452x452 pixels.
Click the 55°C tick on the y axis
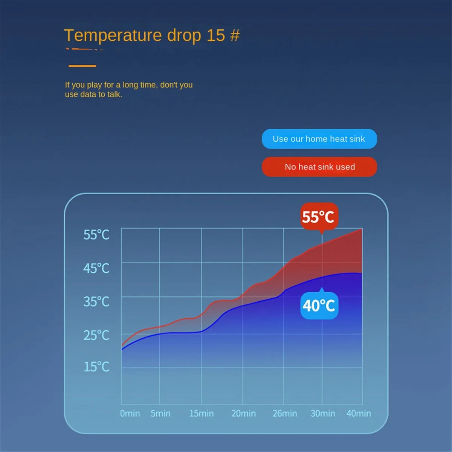(x=96, y=235)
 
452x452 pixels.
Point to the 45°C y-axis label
(x=96, y=268)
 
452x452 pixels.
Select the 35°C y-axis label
(x=96, y=302)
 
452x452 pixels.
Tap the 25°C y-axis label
(x=96, y=335)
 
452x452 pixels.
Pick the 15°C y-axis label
(x=96, y=366)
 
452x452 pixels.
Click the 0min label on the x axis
(x=130, y=413)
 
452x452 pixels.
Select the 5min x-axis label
(x=160, y=413)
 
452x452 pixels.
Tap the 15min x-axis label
(x=202, y=413)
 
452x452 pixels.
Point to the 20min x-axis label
(x=243, y=413)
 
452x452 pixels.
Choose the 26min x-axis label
(x=285, y=413)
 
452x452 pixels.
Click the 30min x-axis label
(x=323, y=413)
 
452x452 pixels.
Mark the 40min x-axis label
(x=359, y=413)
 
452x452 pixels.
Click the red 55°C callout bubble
(x=319, y=217)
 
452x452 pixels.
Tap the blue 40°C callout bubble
(x=319, y=305)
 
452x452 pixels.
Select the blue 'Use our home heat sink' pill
(x=319, y=139)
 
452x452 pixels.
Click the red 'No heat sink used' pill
(x=319, y=167)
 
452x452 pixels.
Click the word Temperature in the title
(x=113, y=35)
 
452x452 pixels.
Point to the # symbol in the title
(x=235, y=35)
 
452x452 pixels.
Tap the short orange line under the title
(x=82, y=66)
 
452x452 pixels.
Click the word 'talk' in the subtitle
(x=114, y=95)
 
